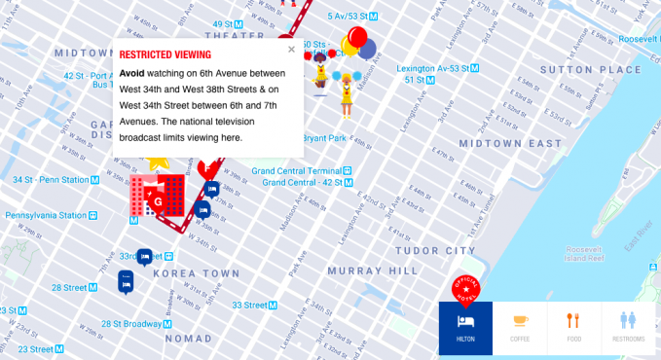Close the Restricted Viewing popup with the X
[291, 49]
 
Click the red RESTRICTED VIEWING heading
[165, 55]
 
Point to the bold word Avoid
[132, 73]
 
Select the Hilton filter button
[465, 328]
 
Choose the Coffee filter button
[521, 328]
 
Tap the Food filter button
[574, 328]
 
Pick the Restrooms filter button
[629, 328]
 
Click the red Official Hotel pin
[466, 289]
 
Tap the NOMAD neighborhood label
[188, 339]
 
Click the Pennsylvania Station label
[45, 214]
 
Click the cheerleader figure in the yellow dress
[345, 92]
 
